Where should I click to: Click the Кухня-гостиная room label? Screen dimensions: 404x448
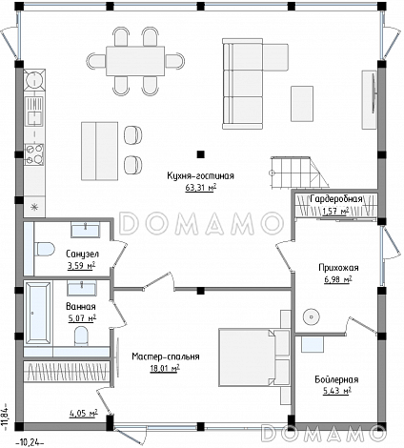[200, 176]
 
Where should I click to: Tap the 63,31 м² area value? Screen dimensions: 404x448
[201, 188]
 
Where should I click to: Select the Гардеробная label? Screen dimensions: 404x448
[336, 199]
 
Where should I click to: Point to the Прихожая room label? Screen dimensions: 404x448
[338, 268]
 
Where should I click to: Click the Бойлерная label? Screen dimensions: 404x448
[336, 379]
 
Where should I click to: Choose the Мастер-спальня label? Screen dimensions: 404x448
[166, 356]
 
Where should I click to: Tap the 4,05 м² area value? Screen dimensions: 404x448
[83, 414]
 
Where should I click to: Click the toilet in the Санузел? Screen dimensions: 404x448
[45, 249]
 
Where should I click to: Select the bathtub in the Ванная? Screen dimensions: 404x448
[38, 313]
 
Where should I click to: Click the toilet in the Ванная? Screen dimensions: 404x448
[81, 336]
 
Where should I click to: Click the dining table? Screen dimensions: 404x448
[135, 61]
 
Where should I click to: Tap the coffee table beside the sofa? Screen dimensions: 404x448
[302, 104]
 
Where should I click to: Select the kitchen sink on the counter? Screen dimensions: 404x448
[34, 112]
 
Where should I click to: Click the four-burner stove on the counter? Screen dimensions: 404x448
[34, 154]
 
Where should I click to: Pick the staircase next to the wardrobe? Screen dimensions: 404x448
[299, 173]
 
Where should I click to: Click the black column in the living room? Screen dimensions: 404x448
[200, 154]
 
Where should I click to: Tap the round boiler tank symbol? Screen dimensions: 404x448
[311, 316]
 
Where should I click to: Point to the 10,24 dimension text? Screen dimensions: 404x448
[30, 441]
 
